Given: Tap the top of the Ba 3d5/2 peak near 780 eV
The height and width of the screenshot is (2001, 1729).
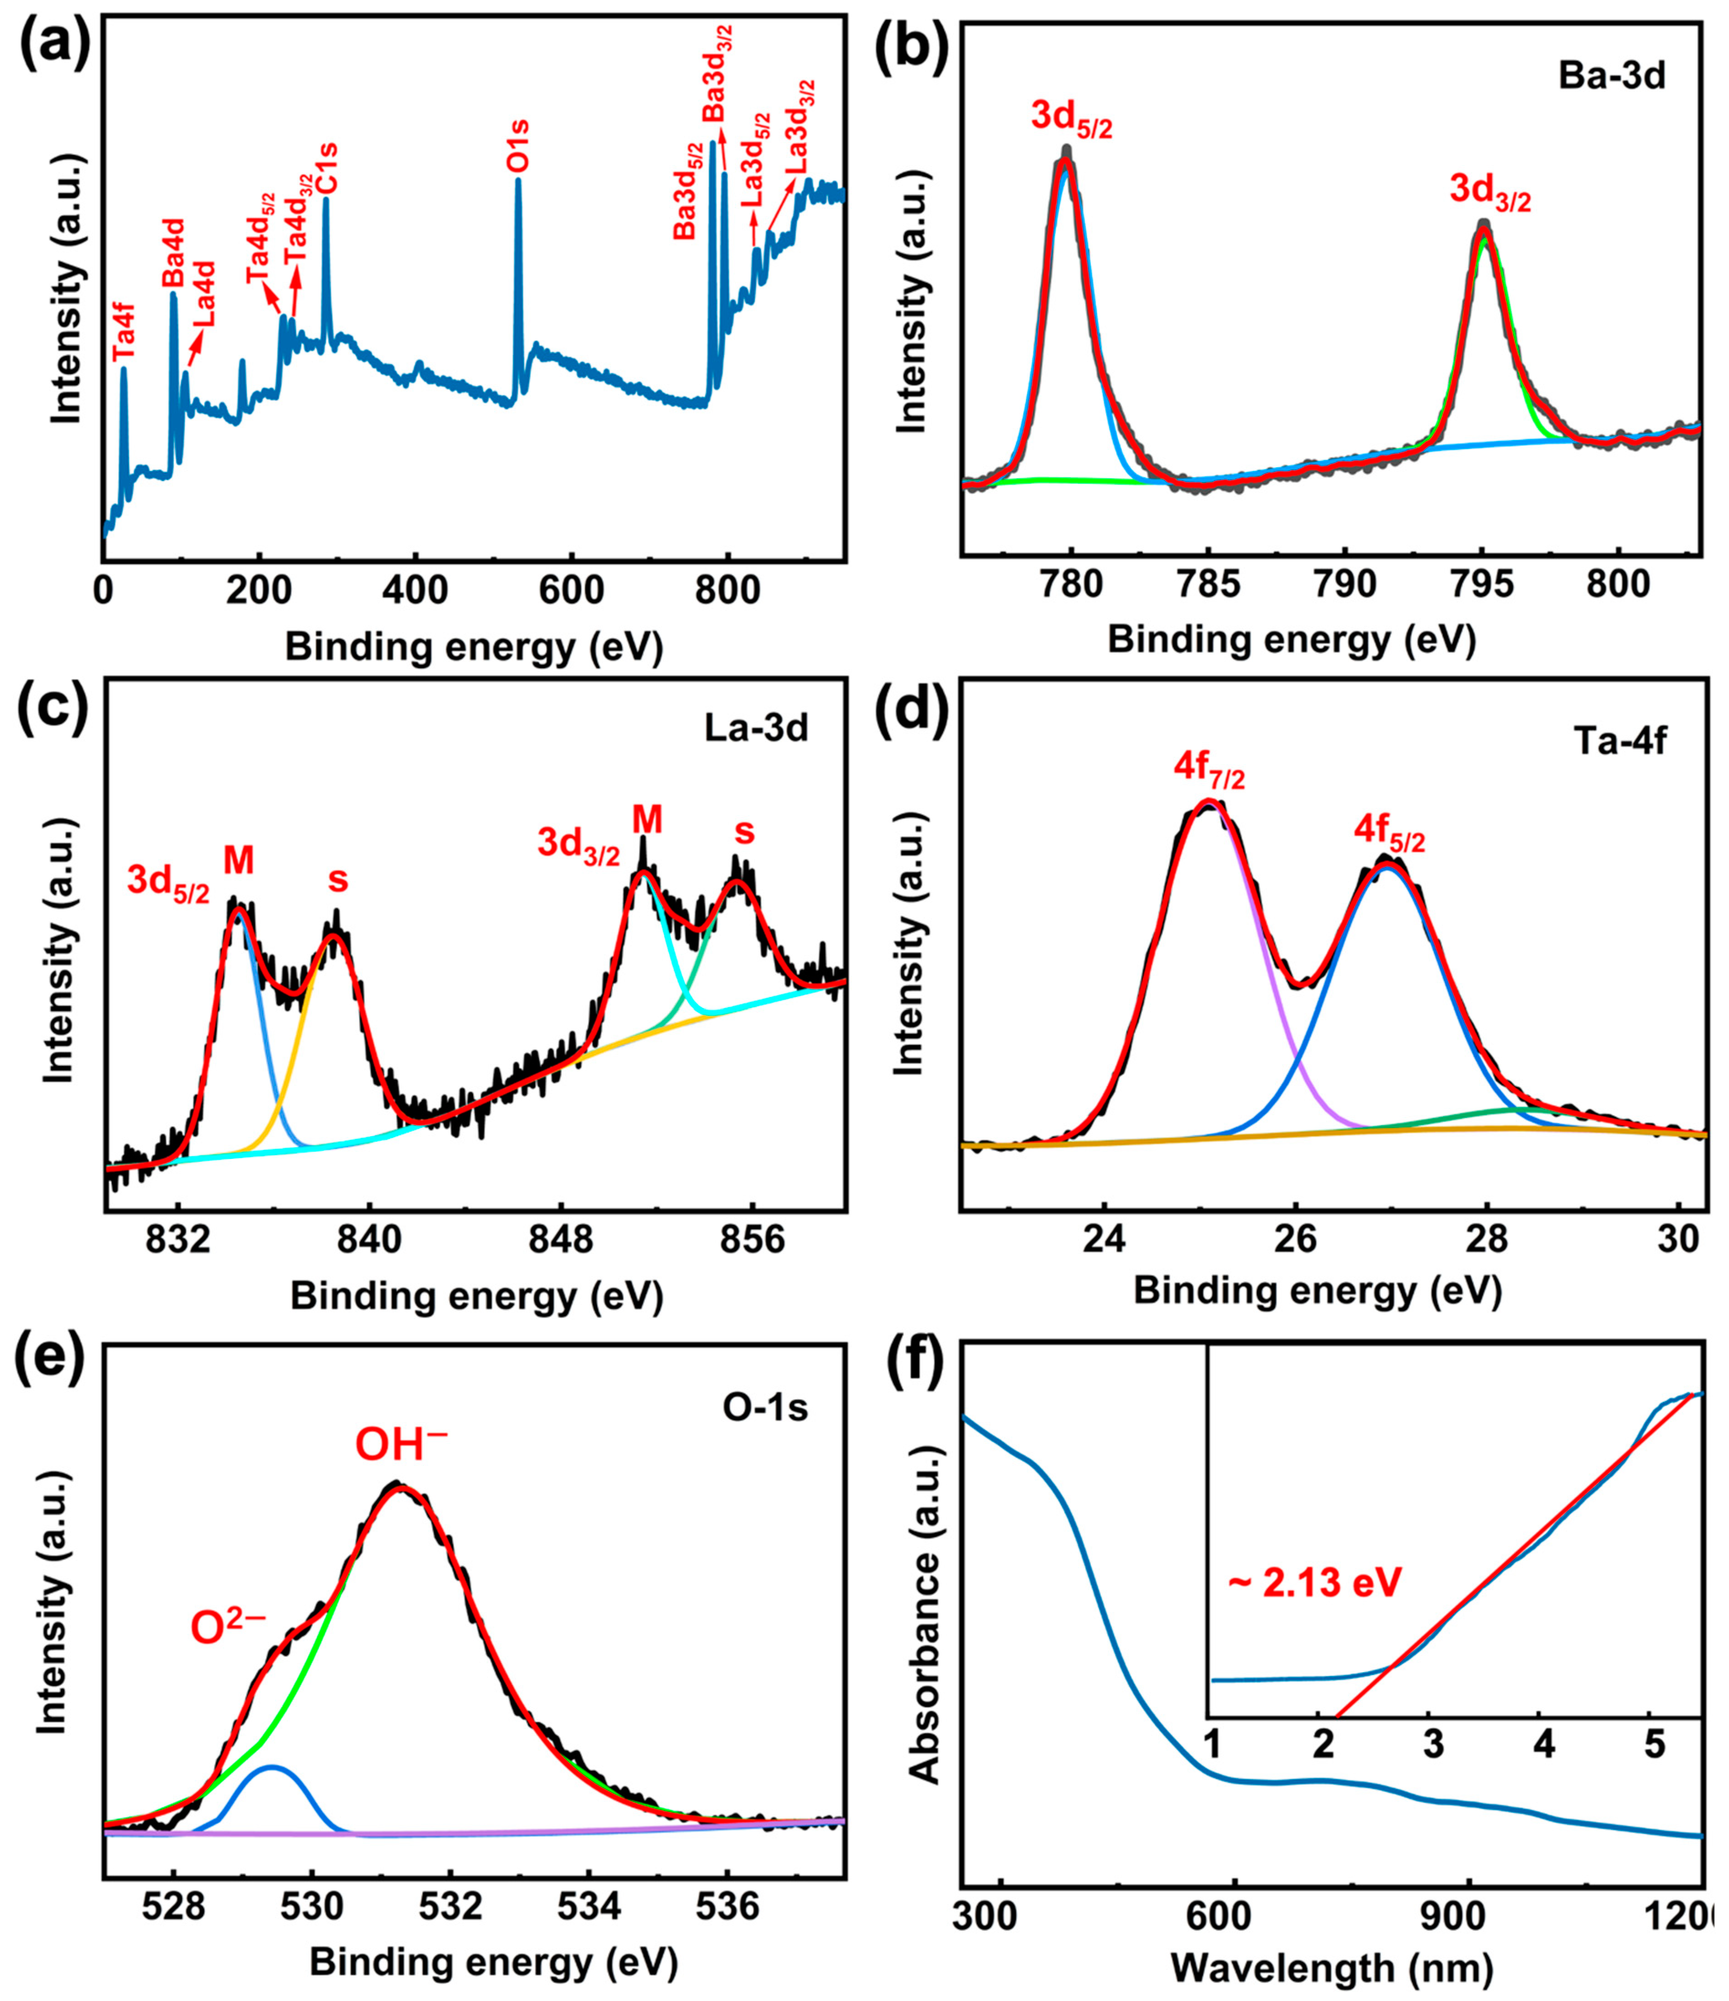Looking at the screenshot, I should click(1065, 155).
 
